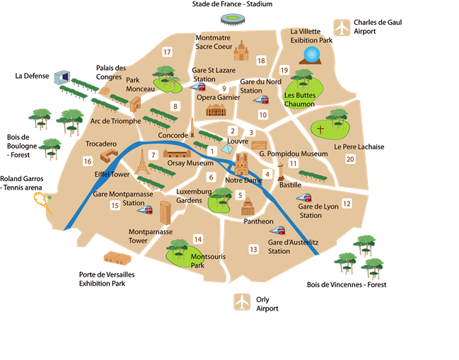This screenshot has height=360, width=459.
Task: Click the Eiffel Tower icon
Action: coord(142,162)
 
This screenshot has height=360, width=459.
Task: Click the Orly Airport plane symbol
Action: coord(243,301)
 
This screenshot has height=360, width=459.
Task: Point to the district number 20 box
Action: coord(349,159)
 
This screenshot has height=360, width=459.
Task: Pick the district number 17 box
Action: coord(167,52)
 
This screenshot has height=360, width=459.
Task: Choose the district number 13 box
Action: coord(253,249)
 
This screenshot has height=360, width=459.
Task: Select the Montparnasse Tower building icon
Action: coord(165,213)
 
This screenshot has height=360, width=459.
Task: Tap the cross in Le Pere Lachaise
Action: coord(320,130)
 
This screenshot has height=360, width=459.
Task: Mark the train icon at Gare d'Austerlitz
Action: coord(277,231)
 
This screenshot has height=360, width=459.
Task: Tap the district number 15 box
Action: coord(115,206)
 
